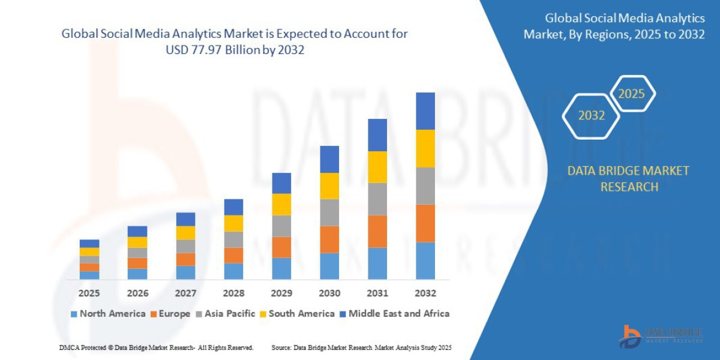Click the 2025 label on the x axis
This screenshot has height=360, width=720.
[x=89, y=293]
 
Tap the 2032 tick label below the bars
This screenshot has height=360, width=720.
[x=425, y=293]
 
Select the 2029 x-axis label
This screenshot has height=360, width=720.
[x=281, y=293]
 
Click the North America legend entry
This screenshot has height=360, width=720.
[x=108, y=313]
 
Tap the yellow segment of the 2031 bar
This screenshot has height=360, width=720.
[x=377, y=167]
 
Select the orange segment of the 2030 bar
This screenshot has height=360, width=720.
[x=329, y=239]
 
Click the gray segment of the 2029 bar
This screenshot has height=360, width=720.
[x=281, y=226]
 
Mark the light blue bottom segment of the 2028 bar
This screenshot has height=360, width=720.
[x=233, y=271]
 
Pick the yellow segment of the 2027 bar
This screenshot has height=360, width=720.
[x=185, y=233]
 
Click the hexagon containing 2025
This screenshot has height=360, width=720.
[x=631, y=94]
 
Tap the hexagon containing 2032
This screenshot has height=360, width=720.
[x=591, y=116]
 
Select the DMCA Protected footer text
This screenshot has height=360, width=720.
[x=156, y=347]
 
